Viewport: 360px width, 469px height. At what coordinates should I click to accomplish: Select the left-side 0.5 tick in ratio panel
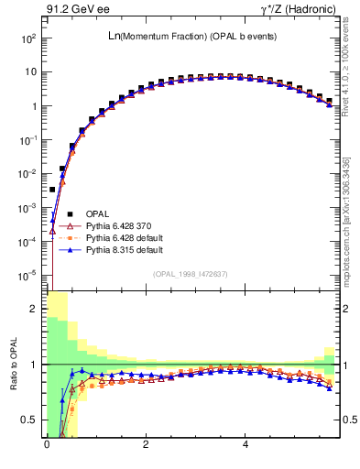pos(27,420)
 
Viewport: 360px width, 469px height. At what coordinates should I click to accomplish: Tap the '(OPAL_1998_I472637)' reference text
pos(191,274)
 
